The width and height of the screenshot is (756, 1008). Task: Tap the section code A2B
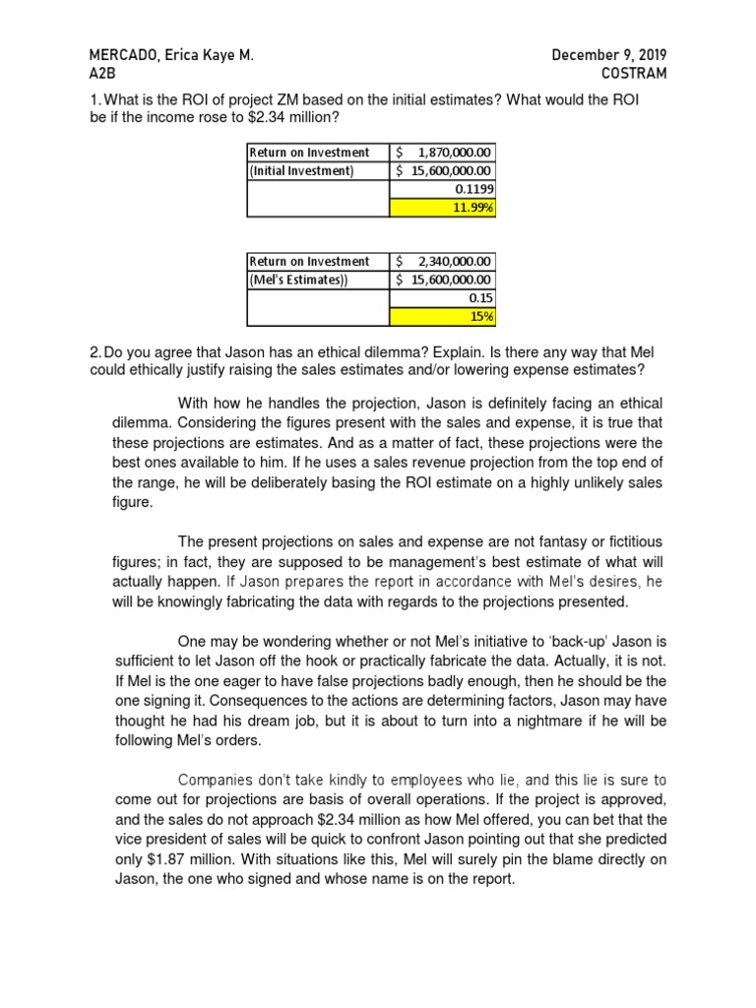102,73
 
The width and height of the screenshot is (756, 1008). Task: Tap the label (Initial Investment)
301,170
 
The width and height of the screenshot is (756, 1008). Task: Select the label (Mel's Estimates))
299,280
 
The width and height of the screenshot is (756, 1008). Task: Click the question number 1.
94,101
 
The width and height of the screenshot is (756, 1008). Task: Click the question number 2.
94,352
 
